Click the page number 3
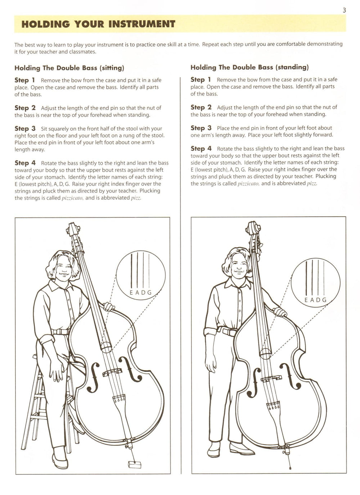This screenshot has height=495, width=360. coord(344,10)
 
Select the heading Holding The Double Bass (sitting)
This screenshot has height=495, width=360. coord(69,68)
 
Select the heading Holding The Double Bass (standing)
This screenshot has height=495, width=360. coord(249,67)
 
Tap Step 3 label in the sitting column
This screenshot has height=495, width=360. coord(25,128)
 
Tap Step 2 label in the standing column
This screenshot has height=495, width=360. coord(201,107)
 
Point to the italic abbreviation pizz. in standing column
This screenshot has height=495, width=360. coord(312,183)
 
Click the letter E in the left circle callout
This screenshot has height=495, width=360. coord(132,292)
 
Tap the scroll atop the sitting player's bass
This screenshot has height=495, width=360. coord(72,229)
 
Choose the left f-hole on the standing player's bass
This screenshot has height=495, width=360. coord(256,377)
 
